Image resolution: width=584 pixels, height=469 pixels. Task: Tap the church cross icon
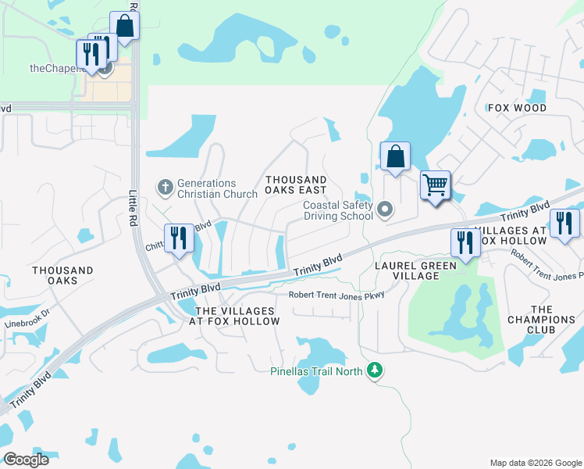[165, 188]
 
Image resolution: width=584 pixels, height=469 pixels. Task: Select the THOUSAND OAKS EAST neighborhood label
[295, 184]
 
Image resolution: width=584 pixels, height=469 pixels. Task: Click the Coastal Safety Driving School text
[337, 210]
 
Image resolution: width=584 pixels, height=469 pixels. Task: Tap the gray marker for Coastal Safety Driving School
[384, 209]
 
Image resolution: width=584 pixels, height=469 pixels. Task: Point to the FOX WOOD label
[517, 107]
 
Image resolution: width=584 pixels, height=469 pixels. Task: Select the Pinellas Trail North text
[316, 371]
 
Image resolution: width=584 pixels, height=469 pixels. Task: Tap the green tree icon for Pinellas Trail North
[376, 370]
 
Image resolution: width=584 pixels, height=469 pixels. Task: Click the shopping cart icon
[435, 185]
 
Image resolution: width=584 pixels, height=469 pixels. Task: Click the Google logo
[26, 459]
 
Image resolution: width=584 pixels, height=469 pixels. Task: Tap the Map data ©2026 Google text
[535, 463]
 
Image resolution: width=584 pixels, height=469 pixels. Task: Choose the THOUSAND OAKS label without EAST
[62, 275]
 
